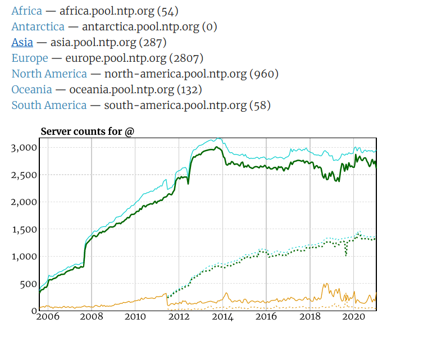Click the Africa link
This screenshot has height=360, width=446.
point(26,11)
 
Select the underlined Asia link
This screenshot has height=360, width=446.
point(22,42)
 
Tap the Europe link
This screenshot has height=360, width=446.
point(30,58)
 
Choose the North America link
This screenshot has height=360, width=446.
point(49,74)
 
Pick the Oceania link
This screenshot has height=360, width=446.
point(31,89)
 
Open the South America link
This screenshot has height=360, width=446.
point(49,105)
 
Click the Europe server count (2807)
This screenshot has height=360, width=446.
point(186,58)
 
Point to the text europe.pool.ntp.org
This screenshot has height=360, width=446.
point(116,58)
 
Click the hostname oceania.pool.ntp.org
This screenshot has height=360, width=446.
point(119,89)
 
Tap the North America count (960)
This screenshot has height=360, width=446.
point(264,74)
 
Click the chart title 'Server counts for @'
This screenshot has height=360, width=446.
point(88,131)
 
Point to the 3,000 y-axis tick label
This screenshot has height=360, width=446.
point(24,148)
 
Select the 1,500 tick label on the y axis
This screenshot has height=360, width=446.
point(24,229)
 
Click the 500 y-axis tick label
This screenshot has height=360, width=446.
point(28,284)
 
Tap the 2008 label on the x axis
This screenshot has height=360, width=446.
point(92,317)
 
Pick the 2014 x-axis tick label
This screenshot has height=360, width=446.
point(222,317)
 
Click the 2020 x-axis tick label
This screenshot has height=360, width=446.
point(353,317)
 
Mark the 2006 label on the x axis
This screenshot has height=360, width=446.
point(48,317)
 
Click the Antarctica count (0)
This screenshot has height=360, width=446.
point(210,26)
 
